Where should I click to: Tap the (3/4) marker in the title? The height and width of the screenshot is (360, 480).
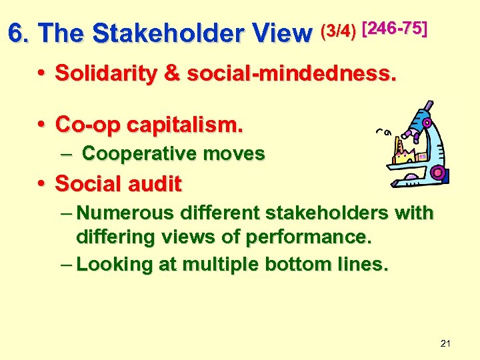pyautogui.click(x=339, y=31)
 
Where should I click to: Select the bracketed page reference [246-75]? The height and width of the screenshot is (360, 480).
pyautogui.click(x=394, y=28)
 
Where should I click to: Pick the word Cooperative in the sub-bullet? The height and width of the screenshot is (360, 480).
pyautogui.click(x=133, y=154)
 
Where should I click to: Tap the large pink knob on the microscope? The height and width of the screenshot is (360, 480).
pyautogui.click(x=437, y=173)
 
